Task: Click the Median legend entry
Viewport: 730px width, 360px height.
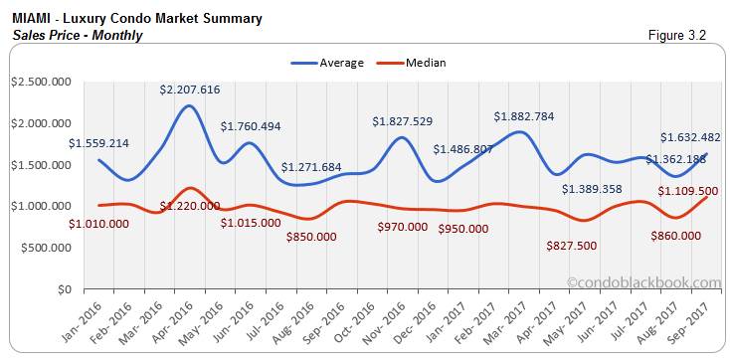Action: tap(425, 63)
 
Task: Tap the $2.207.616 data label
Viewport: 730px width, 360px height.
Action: tap(190, 90)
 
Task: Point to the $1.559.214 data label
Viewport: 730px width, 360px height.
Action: tap(98, 143)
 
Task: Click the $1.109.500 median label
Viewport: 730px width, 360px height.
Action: tap(688, 190)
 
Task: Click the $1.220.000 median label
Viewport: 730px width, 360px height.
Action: tap(190, 207)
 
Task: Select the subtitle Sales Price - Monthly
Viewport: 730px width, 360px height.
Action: tap(79, 35)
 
